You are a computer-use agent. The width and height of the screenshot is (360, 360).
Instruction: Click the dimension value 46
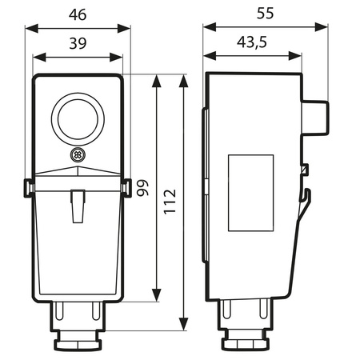[78, 14]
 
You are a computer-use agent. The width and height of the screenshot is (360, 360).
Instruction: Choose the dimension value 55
[265, 14]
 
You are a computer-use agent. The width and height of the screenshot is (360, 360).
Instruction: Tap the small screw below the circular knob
[78, 154]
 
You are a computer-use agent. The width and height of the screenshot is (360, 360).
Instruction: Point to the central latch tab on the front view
[78, 205]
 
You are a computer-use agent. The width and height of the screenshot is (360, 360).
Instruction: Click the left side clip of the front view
[28, 187]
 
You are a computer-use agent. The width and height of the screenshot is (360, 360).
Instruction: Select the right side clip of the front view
[127, 187]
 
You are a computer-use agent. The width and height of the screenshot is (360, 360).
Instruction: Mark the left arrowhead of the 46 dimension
[30, 27]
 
